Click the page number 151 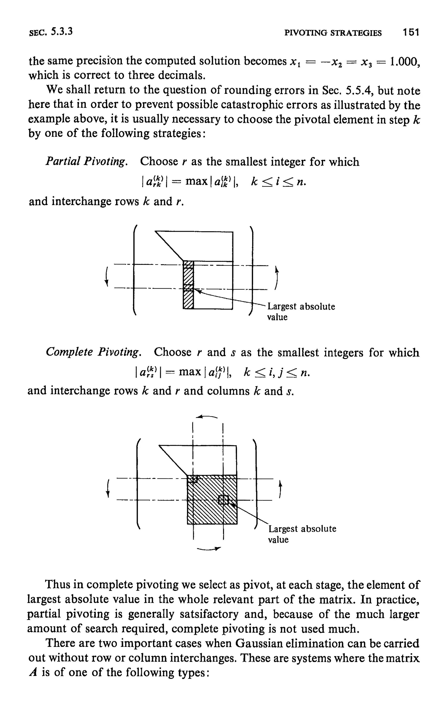tap(411, 32)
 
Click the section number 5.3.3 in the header tap(62, 31)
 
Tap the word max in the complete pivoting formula tap(190, 372)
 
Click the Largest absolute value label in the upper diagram tap(301, 312)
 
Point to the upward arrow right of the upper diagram tap(276, 277)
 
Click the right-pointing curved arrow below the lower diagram tap(209, 549)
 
